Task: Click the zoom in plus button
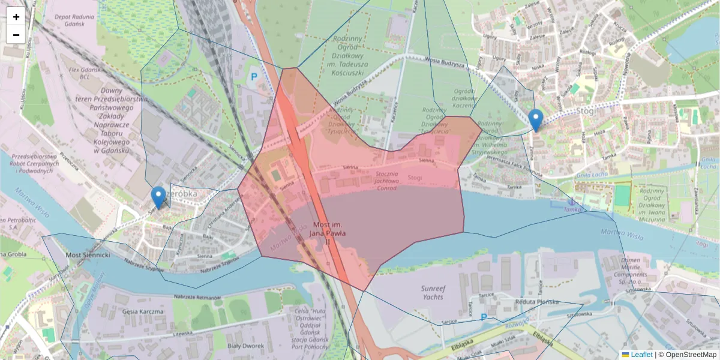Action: click(x=16, y=17)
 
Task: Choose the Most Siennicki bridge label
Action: click(x=88, y=255)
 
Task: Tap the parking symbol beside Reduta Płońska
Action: click(x=484, y=317)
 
